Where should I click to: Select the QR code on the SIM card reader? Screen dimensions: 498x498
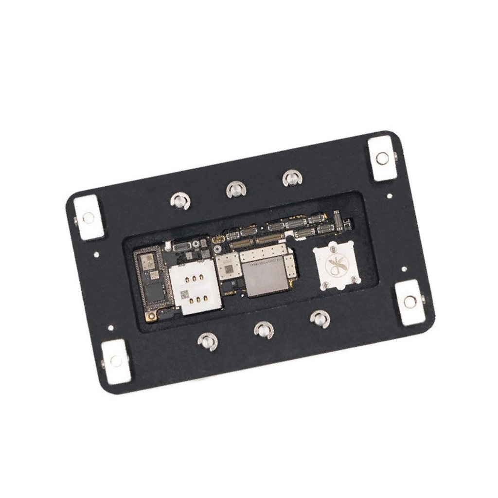pyautogui.click(x=184, y=295)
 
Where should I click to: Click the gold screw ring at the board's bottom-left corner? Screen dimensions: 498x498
pyautogui.click(x=152, y=317)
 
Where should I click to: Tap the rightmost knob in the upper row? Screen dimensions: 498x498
pyautogui.click(x=292, y=178)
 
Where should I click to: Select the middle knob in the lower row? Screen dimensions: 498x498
pyautogui.click(x=264, y=331)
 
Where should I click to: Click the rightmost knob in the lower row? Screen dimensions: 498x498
pyautogui.click(x=320, y=319)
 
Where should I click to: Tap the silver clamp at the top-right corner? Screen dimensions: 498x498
pyautogui.click(x=383, y=158)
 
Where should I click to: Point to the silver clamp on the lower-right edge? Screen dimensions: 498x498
pyautogui.click(x=410, y=302)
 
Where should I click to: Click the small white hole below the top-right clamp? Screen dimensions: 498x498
pyautogui.click(x=389, y=196)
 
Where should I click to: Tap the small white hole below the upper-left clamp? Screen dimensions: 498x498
pyautogui.click(x=97, y=253)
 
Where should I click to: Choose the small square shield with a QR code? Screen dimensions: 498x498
pyautogui.click(x=228, y=267)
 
